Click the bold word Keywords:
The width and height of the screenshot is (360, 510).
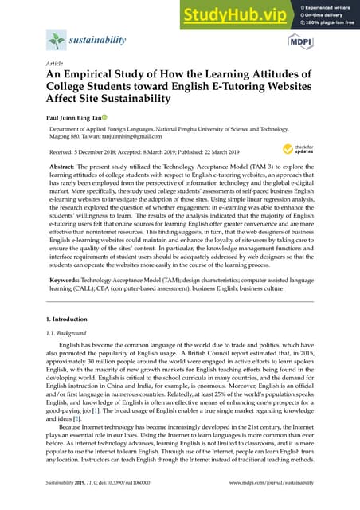point(66,289)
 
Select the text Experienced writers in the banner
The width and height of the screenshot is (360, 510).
point(332,7)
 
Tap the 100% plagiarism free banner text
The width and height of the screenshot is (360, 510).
point(332,23)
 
